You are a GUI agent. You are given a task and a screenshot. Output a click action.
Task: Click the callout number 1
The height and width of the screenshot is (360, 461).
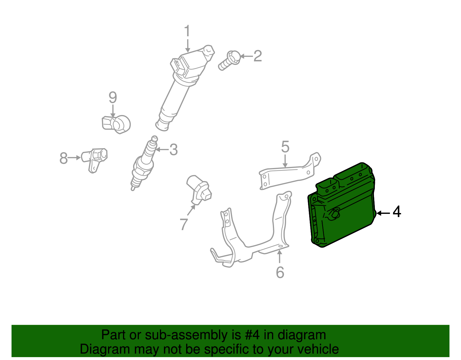[x=187, y=31]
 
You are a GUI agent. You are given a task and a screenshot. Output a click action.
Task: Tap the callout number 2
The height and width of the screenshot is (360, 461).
[x=258, y=56]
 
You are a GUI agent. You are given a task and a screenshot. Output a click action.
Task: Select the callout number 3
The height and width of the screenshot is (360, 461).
[x=173, y=150]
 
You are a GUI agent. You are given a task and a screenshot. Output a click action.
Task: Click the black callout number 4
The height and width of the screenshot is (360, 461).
[x=397, y=212]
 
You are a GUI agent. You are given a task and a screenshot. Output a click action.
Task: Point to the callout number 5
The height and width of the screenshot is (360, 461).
[x=285, y=147]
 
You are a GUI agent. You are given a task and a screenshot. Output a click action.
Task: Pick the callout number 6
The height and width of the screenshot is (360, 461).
[x=280, y=272]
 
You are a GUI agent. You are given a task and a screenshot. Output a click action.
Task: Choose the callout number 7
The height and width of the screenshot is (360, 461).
[x=184, y=224]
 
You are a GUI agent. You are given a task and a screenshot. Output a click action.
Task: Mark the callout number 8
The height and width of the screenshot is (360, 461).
[x=63, y=158]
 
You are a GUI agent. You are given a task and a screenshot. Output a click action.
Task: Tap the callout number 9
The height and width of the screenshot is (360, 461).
[x=113, y=97]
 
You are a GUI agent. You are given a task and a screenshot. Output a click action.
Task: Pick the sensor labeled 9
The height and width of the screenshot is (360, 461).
[x=117, y=124]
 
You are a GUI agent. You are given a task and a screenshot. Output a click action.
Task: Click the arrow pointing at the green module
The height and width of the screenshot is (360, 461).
[x=383, y=213]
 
